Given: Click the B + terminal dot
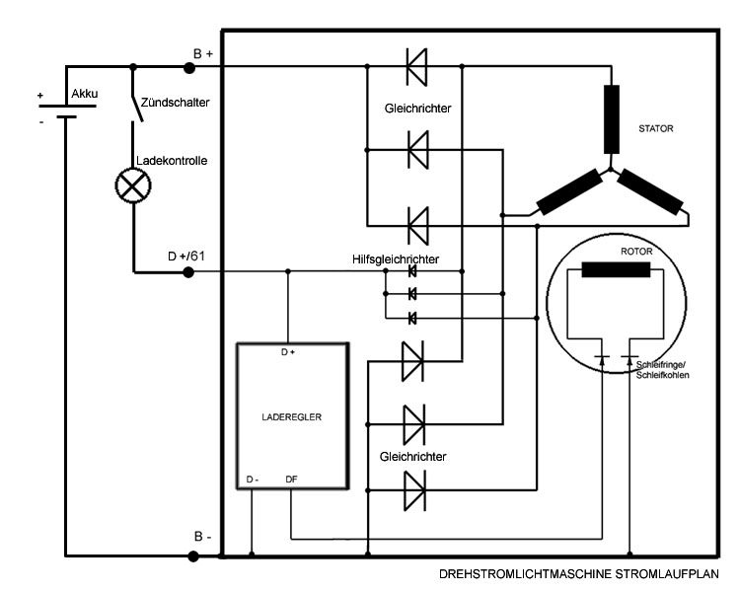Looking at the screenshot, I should click(190, 67).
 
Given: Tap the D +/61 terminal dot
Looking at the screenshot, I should click(190, 271).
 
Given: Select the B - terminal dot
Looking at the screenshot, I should click(190, 555).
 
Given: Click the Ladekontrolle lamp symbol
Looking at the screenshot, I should click(133, 185).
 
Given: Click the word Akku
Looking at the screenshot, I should click(84, 94).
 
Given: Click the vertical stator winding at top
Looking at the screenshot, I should click(612, 113).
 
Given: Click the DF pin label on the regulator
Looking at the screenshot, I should click(292, 481).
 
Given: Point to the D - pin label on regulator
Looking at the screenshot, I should click(253, 481).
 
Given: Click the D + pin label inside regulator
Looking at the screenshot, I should click(288, 351).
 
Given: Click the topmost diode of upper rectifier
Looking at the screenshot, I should click(418, 67).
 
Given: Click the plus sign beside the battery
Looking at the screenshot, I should click(41, 97).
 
